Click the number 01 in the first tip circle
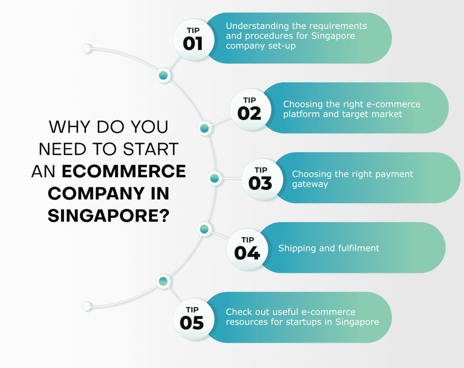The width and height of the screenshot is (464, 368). (x=193, y=44)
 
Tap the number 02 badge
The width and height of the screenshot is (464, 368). (x=249, y=114)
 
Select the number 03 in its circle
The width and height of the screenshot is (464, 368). (x=260, y=183)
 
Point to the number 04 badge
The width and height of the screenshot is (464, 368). (x=247, y=253)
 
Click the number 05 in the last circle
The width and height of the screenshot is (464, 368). (x=192, y=323)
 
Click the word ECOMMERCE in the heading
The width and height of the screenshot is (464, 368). (x=124, y=171)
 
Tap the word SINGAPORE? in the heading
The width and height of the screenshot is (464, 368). (x=109, y=215)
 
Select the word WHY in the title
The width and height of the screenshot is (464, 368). (x=69, y=127)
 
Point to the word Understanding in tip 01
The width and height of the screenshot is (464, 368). (x=257, y=26)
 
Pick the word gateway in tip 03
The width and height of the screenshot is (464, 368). (x=310, y=184)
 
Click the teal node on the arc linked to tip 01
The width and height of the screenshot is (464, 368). (x=163, y=75)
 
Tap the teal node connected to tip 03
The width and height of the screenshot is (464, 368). (x=214, y=178)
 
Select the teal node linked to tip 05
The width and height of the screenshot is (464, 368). (x=163, y=281)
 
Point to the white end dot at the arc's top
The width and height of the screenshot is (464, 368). (x=87, y=48)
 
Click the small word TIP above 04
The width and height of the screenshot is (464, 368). (x=247, y=240)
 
